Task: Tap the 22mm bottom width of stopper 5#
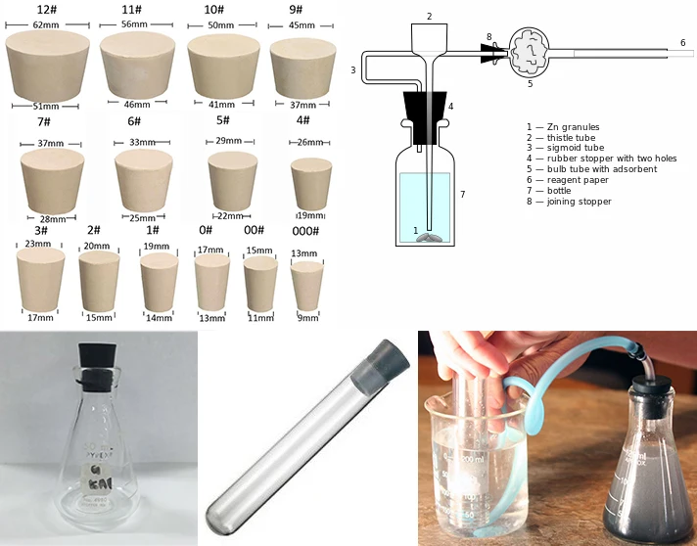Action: click(229, 215)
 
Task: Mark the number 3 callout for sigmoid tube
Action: click(352, 70)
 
